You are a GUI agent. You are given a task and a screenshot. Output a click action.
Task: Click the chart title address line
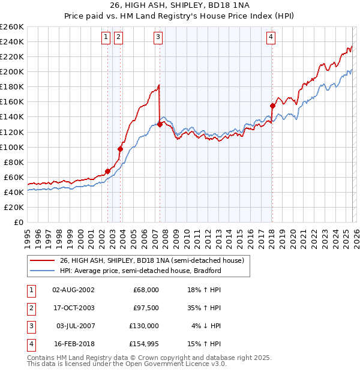(179, 6)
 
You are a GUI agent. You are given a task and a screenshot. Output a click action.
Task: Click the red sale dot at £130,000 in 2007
(160, 124)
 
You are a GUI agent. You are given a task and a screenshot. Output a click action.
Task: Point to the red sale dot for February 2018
(272, 106)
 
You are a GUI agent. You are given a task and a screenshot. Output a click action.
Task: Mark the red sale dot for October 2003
(121, 149)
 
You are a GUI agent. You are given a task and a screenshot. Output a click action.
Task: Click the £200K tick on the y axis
(12, 71)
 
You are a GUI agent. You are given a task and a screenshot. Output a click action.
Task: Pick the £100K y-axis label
(12, 147)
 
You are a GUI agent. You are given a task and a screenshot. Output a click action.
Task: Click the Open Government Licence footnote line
(127, 364)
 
